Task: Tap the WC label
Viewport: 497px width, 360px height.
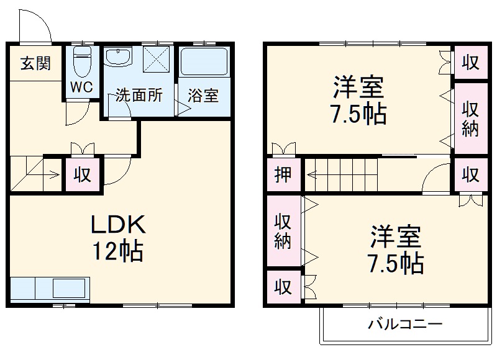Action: (81, 88)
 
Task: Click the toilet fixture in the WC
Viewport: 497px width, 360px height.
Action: (81, 63)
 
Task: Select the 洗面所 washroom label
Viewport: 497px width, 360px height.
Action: (139, 96)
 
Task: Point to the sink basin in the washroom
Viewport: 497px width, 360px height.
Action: (119, 58)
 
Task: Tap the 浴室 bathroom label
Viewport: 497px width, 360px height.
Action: (203, 96)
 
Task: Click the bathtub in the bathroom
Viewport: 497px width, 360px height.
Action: (204, 62)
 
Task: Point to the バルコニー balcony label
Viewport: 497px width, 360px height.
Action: (404, 324)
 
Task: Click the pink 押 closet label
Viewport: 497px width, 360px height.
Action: (283, 174)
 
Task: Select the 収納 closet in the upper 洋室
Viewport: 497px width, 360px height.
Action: (470, 119)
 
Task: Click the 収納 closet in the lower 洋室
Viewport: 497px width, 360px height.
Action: (283, 231)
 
